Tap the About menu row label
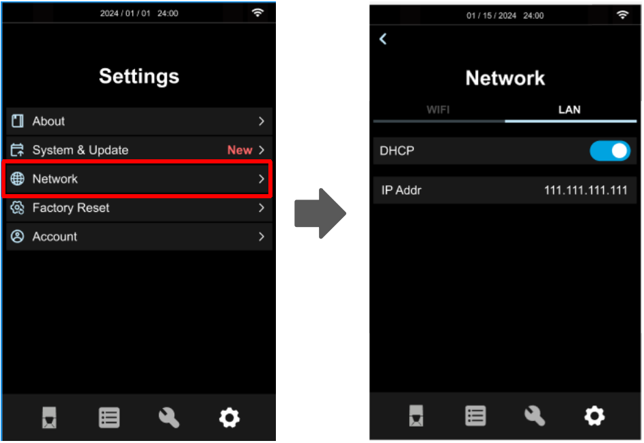point(48,121)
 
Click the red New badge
point(240,150)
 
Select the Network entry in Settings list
point(55,179)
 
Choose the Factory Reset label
point(71,208)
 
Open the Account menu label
point(55,237)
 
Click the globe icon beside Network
point(17,179)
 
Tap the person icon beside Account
point(17,237)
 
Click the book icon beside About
point(17,121)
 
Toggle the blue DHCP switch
point(610,151)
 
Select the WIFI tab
point(438,110)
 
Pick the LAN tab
point(570,110)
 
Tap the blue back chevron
point(383,39)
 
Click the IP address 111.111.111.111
point(586,190)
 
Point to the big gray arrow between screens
point(320,213)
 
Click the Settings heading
point(139,77)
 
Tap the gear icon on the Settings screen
point(229,418)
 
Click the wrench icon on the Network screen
point(535,416)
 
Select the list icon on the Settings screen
point(109,418)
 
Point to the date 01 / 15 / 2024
point(491,16)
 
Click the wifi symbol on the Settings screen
point(257,13)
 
